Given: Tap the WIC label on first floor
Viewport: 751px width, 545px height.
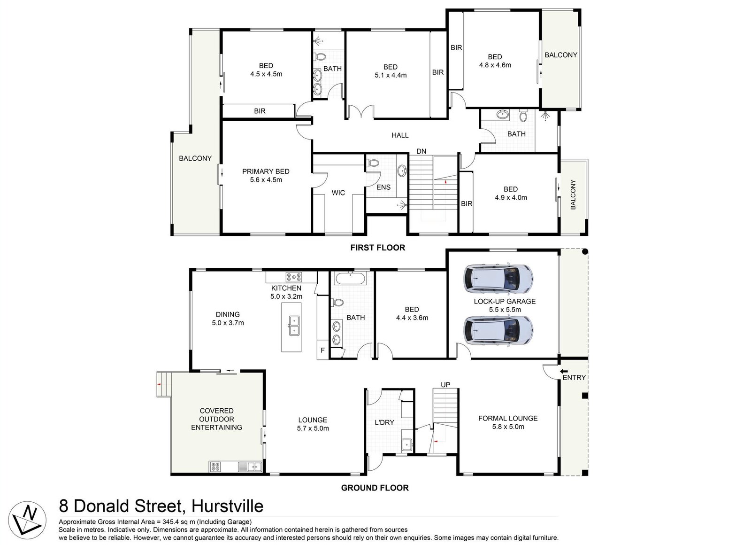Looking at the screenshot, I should click(x=338, y=193).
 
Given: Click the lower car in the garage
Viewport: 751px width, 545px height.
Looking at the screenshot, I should click(x=498, y=330).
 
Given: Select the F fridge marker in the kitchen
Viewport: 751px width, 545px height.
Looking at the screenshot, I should click(x=322, y=350).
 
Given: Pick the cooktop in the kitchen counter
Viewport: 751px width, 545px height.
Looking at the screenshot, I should click(x=294, y=277).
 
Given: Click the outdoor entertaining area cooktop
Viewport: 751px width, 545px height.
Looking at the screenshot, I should click(x=215, y=467).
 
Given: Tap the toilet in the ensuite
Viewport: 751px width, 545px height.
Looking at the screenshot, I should click(x=374, y=163).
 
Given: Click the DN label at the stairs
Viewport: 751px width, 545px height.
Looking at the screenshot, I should click(x=421, y=151).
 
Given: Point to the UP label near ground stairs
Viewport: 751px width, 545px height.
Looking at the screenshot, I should click(x=445, y=384).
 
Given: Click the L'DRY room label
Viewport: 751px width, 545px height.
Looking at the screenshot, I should click(x=384, y=422).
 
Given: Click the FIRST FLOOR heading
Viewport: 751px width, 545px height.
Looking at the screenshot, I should click(x=377, y=248).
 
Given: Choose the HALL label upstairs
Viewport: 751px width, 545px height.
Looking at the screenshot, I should click(x=400, y=135).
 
